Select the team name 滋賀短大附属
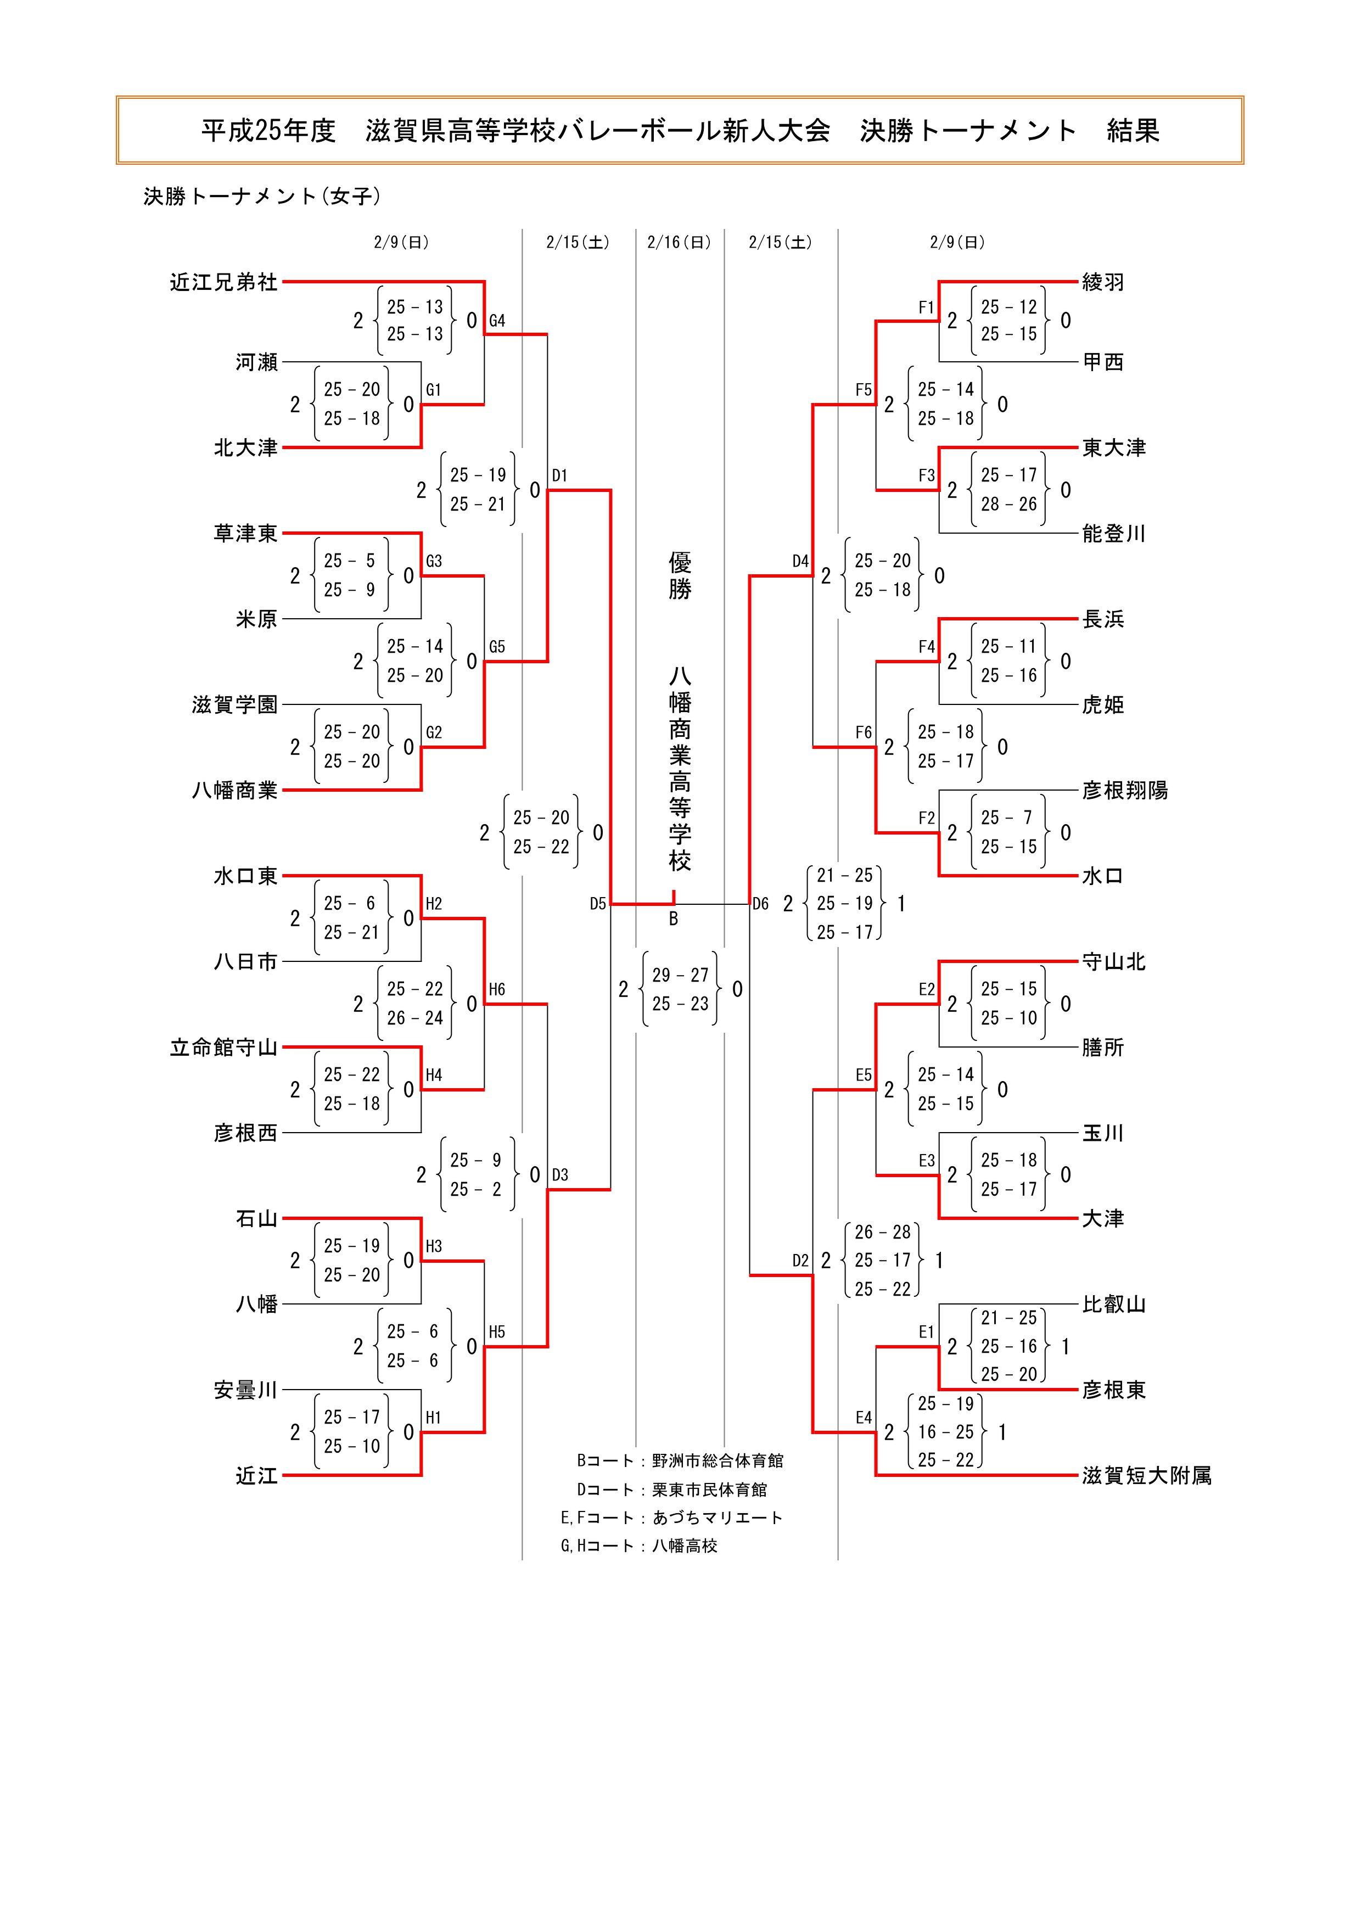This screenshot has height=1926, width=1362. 1146,1476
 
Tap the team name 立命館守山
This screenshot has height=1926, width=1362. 223,1048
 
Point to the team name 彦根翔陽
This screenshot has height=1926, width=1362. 1125,790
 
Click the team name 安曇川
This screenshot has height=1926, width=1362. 245,1390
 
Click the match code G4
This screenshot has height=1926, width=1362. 497,321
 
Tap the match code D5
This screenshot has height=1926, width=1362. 597,904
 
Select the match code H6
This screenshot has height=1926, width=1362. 497,990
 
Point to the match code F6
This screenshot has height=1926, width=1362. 864,732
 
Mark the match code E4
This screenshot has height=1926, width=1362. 864,1418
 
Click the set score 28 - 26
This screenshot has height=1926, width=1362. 1009,504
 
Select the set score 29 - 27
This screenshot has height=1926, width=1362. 680,975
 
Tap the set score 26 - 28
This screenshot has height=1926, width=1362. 882,1232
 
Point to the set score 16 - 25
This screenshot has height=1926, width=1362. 946,1432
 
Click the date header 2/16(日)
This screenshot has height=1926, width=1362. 679,243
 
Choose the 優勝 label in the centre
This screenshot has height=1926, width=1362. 680,575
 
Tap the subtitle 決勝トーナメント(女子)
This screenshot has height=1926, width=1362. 262,197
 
